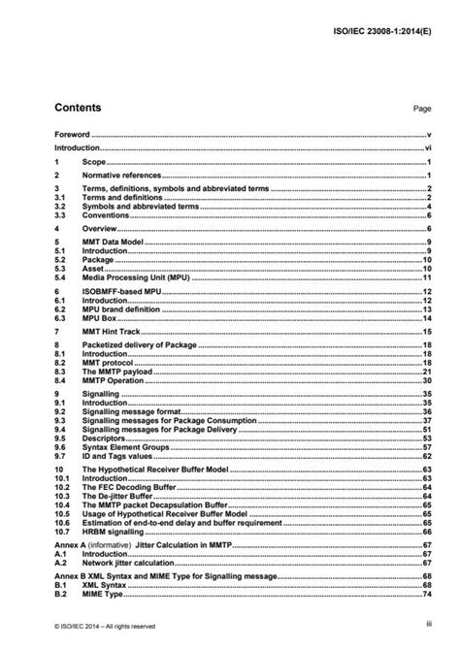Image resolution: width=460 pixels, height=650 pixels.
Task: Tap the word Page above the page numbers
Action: pos(421,110)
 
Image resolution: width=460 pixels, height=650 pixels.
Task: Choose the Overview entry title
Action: pos(98,228)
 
